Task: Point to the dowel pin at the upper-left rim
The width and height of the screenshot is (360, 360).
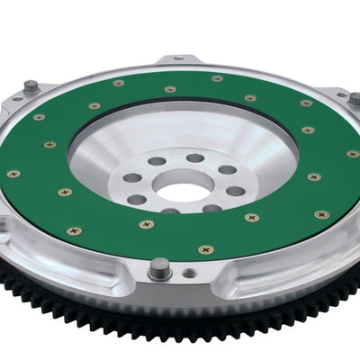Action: point(31,87)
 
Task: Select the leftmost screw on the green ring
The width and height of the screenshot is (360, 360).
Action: point(13,174)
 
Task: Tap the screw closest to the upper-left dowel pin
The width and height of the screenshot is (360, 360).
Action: point(39,117)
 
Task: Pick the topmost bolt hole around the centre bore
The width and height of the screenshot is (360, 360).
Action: point(195,157)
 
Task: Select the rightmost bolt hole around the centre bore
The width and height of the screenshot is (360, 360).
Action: point(235,191)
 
